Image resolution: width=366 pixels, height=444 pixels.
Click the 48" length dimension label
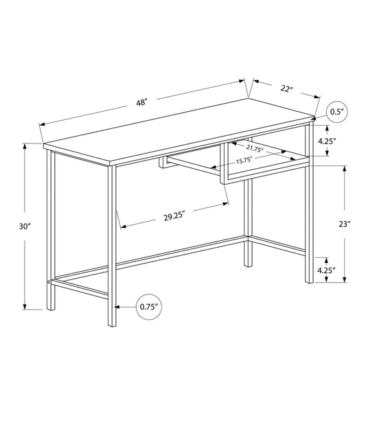[141, 102]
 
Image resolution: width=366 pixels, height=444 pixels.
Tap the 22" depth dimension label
[286, 89]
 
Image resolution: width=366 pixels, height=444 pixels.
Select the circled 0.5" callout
[336, 111]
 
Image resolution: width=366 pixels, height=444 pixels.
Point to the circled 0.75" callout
[148, 307]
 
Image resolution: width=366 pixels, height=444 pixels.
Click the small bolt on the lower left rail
[48, 281]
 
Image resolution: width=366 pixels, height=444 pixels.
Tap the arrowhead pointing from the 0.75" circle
[118, 307]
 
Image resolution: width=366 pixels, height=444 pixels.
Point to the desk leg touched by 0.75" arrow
[112, 307]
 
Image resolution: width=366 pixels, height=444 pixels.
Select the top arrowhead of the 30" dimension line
[25, 145]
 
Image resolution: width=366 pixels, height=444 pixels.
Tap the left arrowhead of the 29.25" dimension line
[122, 226]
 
